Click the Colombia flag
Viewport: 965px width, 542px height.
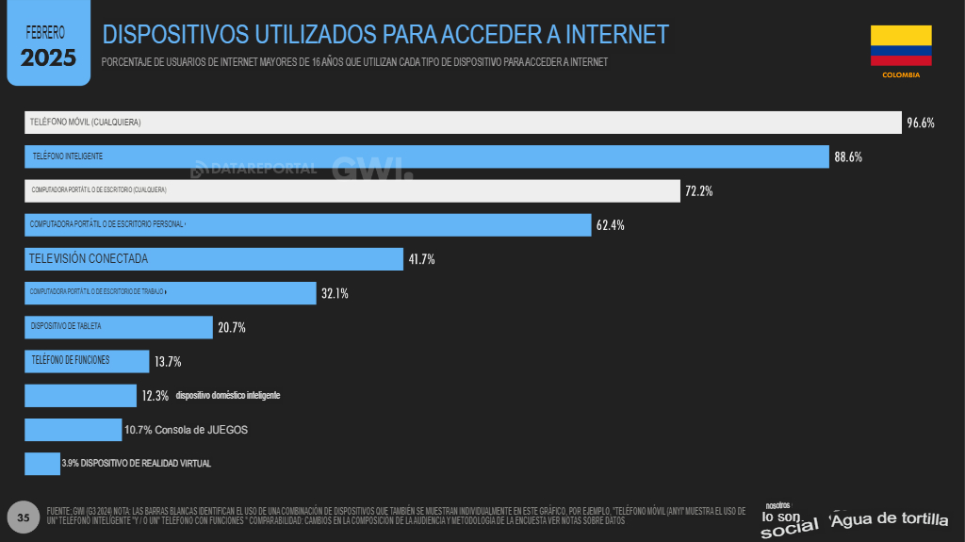pos(901,45)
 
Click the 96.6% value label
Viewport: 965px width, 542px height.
pos(920,123)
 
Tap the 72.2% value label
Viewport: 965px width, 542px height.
pos(698,190)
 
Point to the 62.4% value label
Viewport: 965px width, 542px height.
pos(610,225)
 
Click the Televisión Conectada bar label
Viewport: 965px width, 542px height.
pos(88,258)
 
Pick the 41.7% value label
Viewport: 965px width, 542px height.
pos(420,259)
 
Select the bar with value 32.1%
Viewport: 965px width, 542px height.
pos(170,293)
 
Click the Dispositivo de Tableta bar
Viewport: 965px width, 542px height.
pos(119,327)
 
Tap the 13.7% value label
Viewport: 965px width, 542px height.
pos(168,361)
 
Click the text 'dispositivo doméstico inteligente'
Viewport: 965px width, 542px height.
pos(227,396)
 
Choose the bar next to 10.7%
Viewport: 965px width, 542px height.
pos(73,430)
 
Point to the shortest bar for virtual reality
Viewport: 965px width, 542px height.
pos(41,464)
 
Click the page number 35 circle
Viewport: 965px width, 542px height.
pos(25,517)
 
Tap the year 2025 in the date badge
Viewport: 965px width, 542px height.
pos(48,57)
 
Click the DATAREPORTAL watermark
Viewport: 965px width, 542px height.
pos(254,170)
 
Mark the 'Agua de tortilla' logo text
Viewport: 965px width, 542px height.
pos(889,519)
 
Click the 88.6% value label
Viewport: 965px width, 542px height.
pos(848,156)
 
